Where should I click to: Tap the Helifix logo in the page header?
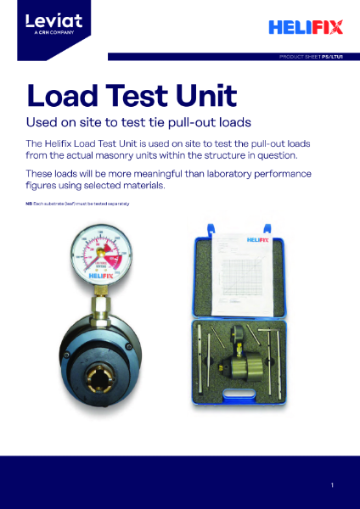pyautogui.click(x=305, y=27)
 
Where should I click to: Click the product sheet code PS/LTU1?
pyautogui.click(x=332, y=57)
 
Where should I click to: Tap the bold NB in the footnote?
pyautogui.click(x=29, y=206)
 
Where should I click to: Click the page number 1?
pyautogui.click(x=333, y=484)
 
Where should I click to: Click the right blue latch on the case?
pyautogui.click(x=267, y=227)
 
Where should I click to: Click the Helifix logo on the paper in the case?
pyautogui.click(x=248, y=240)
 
